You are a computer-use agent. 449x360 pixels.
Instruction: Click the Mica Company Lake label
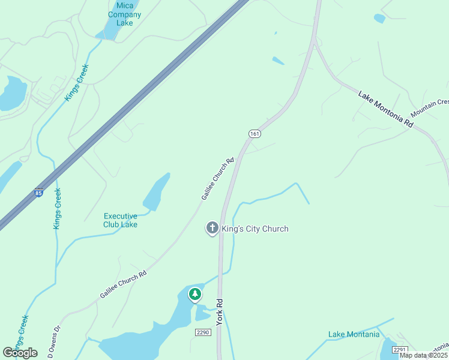tap(125, 14)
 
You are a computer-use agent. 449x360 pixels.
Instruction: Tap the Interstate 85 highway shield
tap(39, 194)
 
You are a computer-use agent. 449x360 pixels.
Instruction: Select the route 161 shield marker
tap(255, 133)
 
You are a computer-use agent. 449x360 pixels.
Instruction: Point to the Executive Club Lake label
tap(121, 220)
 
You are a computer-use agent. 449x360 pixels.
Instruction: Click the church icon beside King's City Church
tap(212, 229)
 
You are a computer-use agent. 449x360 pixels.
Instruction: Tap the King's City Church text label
tap(255, 229)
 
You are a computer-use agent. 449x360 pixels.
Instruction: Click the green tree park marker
tap(194, 294)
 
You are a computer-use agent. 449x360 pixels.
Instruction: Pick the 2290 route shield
tap(203, 332)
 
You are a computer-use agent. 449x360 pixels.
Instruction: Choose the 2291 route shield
tap(400, 349)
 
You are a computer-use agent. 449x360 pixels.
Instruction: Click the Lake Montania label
tap(354, 334)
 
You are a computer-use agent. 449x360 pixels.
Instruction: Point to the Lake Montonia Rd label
tap(386, 109)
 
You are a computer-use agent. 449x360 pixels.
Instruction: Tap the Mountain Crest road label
tap(429, 108)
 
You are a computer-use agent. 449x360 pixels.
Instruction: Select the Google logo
tap(20, 353)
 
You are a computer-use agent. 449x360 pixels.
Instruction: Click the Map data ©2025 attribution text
tap(424, 355)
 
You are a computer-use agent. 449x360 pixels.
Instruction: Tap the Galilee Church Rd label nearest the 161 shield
tap(217, 179)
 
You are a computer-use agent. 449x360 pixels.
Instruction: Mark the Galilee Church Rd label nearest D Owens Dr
tap(123, 284)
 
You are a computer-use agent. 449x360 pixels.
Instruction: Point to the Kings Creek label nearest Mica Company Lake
tap(77, 82)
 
